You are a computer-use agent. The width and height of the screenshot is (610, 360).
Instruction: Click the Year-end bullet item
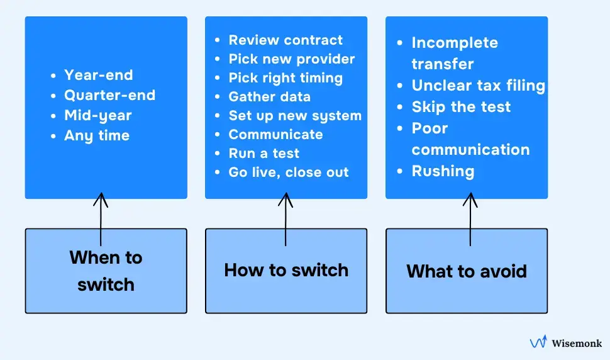click(98, 75)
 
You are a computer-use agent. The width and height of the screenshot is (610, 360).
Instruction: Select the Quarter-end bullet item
click(109, 95)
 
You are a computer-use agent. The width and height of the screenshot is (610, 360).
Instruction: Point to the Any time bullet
click(96, 135)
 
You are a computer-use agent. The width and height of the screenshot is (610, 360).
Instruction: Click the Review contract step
click(286, 40)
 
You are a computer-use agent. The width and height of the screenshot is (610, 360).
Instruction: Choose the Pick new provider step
click(291, 59)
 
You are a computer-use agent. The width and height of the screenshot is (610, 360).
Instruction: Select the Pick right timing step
click(286, 78)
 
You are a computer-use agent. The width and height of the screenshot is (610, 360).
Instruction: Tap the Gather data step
click(269, 97)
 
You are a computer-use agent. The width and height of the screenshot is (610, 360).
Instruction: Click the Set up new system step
click(295, 116)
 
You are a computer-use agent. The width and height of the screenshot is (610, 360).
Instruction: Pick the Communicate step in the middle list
click(275, 135)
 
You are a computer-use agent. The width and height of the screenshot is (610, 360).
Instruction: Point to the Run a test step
click(263, 154)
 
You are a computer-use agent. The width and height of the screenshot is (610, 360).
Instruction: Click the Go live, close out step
click(288, 172)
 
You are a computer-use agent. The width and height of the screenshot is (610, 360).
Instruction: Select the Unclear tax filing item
click(478, 86)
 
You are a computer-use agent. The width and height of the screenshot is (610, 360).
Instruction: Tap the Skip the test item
click(461, 107)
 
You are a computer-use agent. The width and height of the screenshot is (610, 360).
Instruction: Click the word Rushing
click(443, 171)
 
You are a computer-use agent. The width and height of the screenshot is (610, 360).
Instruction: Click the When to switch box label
click(106, 271)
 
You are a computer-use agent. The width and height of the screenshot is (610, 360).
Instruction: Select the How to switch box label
click(286, 270)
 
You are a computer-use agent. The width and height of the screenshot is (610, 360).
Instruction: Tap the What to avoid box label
click(467, 271)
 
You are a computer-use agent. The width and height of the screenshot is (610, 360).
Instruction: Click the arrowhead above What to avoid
click(470, 200)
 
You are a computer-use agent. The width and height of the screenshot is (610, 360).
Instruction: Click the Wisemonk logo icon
click(538, 342)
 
